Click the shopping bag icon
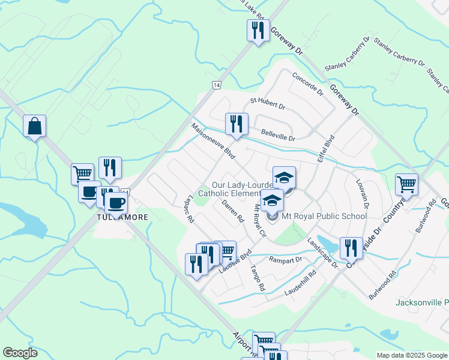tap(35, 126)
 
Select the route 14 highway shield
tap(215, 85)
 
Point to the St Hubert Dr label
tap(268, 103)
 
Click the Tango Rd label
tap(258, 277)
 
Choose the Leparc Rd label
tap(190, 211)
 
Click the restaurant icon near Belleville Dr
tap(237, 124)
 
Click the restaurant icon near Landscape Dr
tap(351, 248)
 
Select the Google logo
tap(20, 352)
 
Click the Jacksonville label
tap(422, 302)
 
